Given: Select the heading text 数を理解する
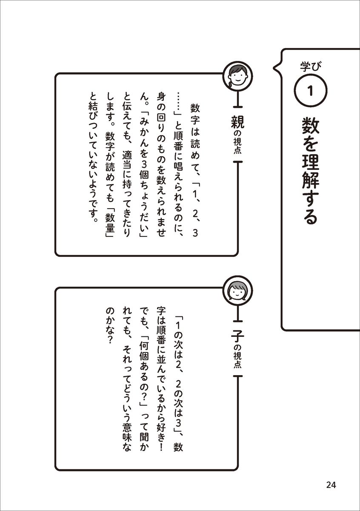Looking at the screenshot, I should click(310, 171).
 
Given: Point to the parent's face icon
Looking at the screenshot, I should click(238, 75).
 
